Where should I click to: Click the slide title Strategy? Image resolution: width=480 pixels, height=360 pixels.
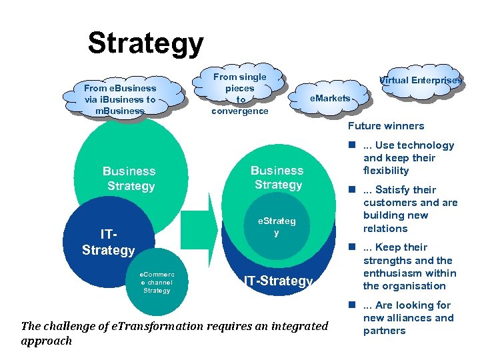tap(145, 43)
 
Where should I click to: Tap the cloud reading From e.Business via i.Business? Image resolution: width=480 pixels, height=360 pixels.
tap(120, 99)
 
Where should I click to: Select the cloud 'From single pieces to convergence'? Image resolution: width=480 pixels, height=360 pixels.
tap(239, 93)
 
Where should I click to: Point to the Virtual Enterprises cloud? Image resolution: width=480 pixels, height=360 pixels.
tap(420, 80)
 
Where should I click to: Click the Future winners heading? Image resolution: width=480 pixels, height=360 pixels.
tap(386, 126)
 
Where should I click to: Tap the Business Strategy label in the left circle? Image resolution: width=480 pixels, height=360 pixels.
tap(131, 179)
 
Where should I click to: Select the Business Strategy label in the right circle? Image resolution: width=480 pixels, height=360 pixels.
tap(277, 177)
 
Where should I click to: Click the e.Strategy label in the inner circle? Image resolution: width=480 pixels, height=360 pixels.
tap(276, 227)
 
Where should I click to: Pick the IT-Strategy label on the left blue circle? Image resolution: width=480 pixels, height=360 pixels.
tap(108, 243)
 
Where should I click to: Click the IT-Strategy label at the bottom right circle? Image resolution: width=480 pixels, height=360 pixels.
tap(278, 281)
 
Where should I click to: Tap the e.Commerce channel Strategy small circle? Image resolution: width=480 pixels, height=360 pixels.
tap(157, 282)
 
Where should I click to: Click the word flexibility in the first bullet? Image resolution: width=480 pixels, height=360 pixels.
tap(386, 171)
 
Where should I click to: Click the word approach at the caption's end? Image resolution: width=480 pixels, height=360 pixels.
tap(46, 341)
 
